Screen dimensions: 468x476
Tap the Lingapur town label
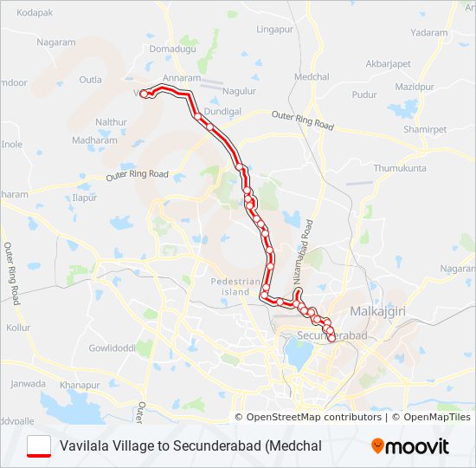(275, 29)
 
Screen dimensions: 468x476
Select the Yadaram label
(430, 32)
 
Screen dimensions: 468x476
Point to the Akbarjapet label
(389, 63)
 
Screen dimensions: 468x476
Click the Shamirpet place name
(422, 129)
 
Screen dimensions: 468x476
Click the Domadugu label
(173, 49)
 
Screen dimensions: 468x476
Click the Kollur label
(18, 328)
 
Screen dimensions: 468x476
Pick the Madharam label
(94, 140)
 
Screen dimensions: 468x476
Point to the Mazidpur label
(414, 87)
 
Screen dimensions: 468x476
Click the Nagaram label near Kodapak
(56, 42)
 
